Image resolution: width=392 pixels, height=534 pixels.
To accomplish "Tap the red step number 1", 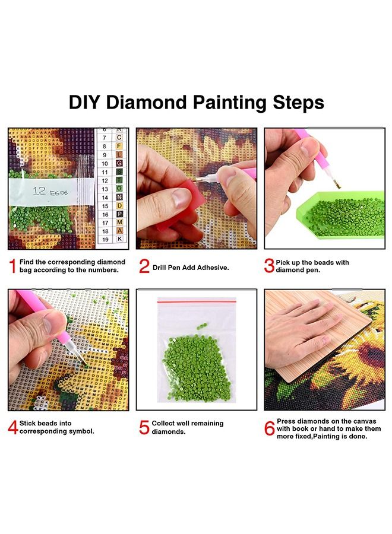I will (12, 266).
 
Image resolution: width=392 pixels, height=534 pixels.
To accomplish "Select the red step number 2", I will (144, 266).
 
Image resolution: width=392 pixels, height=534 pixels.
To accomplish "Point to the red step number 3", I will (269, 266).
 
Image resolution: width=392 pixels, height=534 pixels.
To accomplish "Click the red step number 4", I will (12, 427).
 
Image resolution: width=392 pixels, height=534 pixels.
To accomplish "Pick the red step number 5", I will (144, 427).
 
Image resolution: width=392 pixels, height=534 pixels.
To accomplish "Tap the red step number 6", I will (269, 427).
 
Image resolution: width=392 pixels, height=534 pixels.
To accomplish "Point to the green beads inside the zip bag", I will (196, 362).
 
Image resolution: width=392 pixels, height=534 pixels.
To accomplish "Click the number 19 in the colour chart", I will (105, 239).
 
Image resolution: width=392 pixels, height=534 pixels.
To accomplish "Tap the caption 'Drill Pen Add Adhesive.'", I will (191, 268).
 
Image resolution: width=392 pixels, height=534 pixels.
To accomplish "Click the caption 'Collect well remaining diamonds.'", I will (187, 427).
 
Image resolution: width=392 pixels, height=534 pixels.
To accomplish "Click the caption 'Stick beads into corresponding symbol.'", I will (56, 427).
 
